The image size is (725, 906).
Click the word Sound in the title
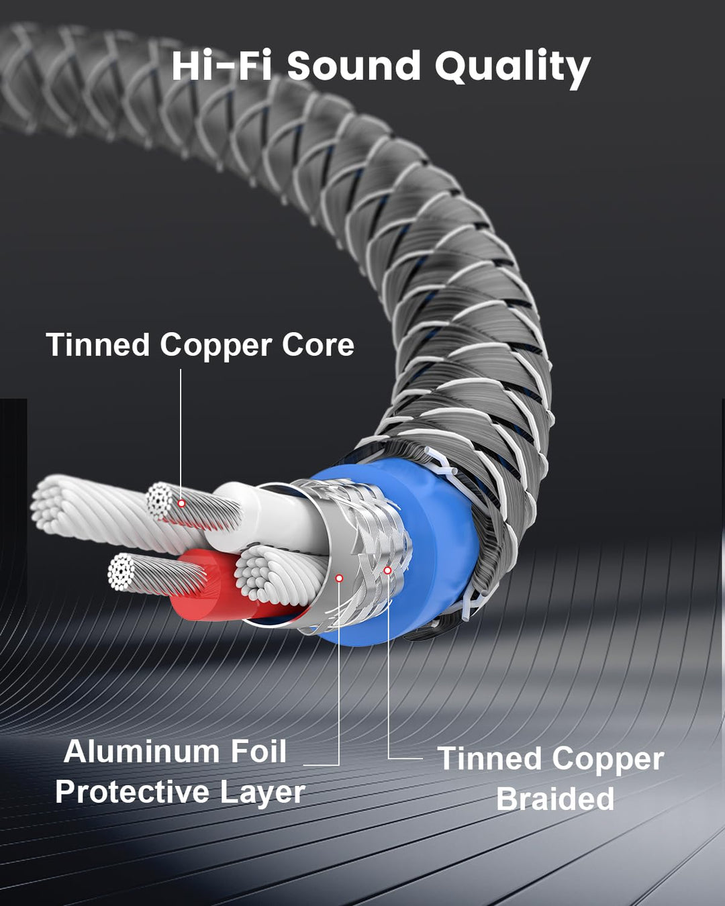[x=354, y=66]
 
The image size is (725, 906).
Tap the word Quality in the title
[x=512, y=68]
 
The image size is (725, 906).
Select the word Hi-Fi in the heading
[x=222, y=66]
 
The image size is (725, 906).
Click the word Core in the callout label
[x=318, y=345]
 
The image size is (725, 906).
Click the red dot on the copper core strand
[x=181, y=503]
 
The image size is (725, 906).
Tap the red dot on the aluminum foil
[x=339, y=578]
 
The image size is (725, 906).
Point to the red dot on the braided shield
[x=387, y=570]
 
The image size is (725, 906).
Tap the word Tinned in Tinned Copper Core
[x=98, y=344]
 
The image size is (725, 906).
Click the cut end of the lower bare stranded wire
[x=121, y=571]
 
